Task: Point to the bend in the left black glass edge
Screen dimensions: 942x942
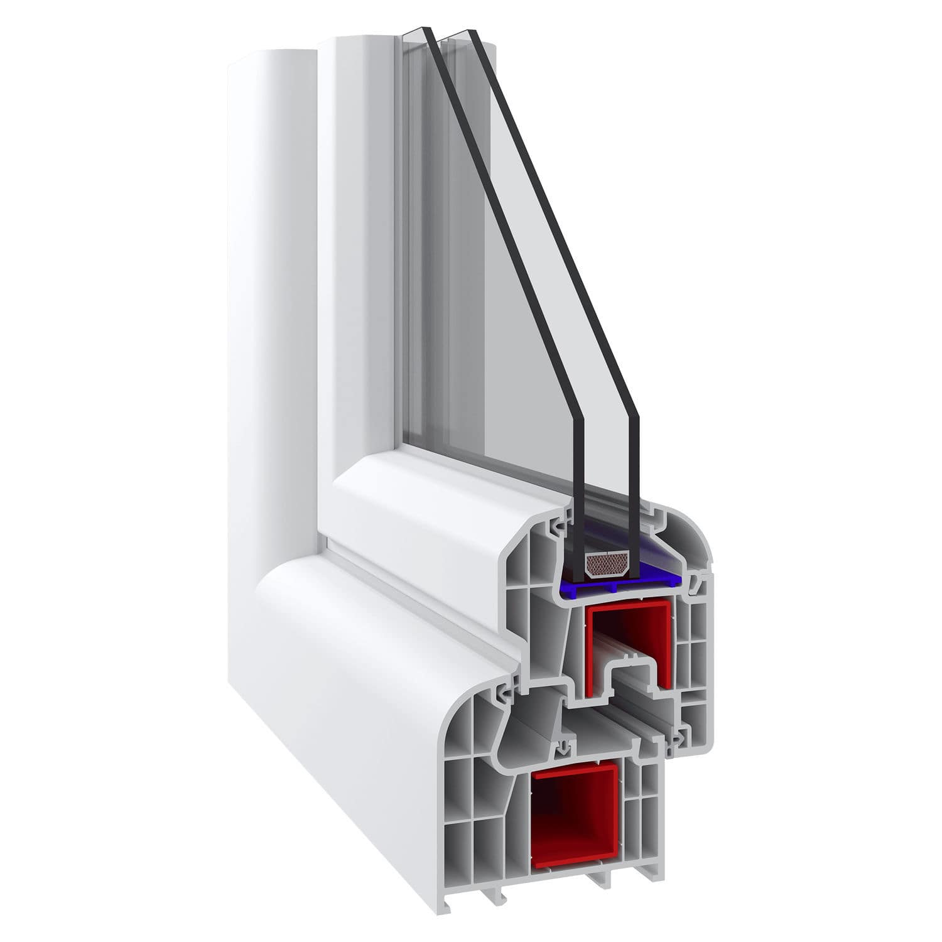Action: pyautogui.click(x=579, y=418)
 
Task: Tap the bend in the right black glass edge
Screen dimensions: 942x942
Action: pyautogui.click(x=636, y=418)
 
